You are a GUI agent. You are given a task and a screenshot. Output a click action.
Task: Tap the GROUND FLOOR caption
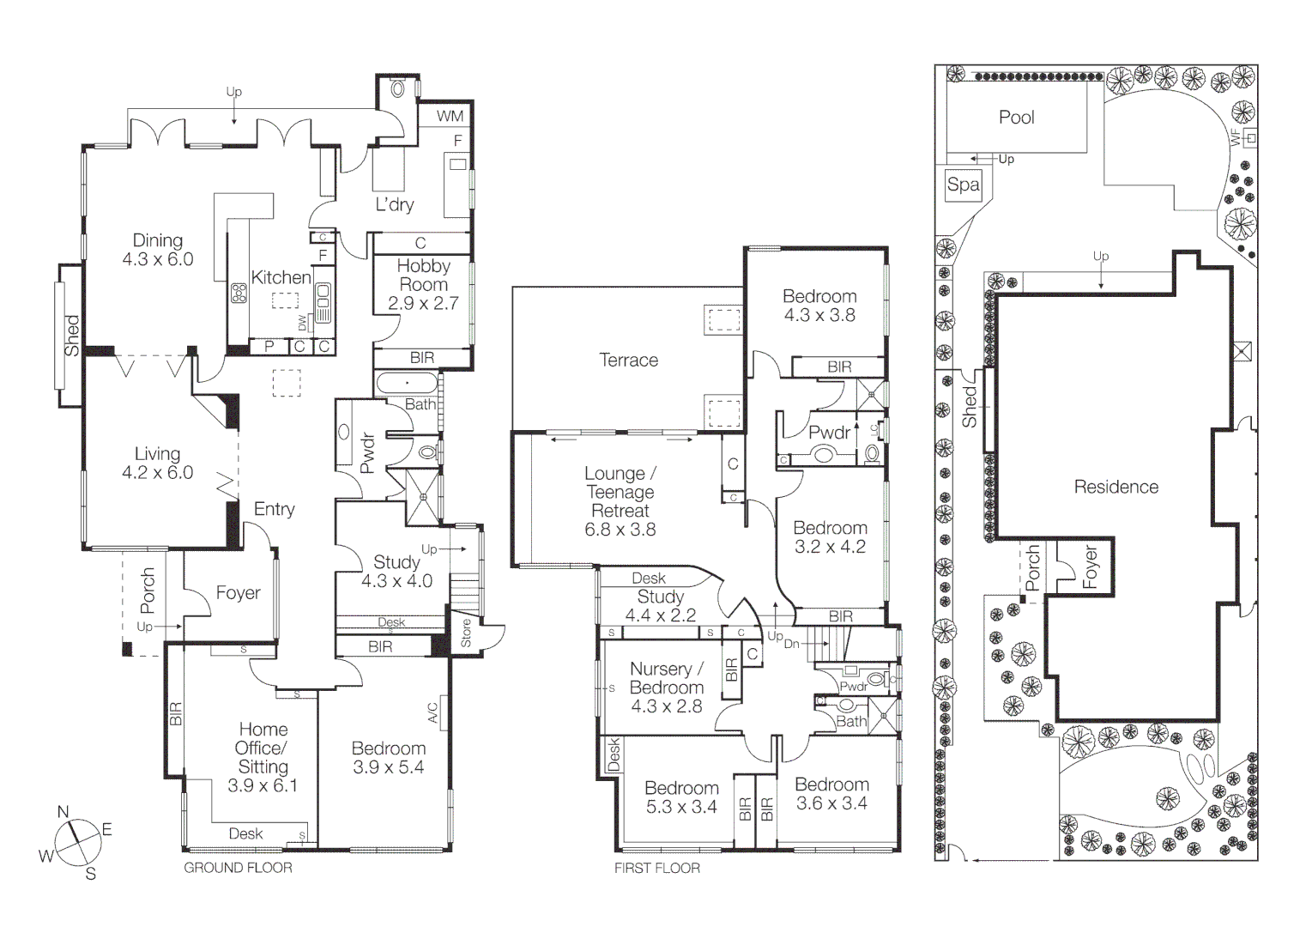point(238,868)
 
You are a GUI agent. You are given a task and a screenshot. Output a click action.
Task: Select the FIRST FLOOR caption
point(656,869)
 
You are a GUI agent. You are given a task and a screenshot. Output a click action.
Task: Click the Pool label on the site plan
point(1016,118)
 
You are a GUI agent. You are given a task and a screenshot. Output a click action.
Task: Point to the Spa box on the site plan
point(963,185)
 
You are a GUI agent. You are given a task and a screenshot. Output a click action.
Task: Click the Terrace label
point(628,360)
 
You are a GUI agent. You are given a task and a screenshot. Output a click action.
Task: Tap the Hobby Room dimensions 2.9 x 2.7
point(423,303)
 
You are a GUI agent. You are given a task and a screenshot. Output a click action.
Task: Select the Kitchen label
point(281,277)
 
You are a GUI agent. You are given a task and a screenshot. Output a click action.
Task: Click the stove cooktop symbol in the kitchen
point(239,294)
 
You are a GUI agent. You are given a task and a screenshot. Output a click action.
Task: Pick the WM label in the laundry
point(450,116)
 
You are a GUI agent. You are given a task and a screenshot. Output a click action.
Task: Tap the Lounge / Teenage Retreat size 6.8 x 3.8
point(620,530)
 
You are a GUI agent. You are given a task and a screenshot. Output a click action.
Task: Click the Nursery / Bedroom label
point(666,678)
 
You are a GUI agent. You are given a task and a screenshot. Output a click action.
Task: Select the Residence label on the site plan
point(1116,487)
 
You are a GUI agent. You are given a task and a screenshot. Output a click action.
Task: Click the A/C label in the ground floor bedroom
point(433,713)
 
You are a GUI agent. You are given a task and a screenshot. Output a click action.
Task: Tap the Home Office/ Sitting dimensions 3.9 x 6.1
point(263,785)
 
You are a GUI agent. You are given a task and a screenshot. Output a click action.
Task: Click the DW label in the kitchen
point(302,323)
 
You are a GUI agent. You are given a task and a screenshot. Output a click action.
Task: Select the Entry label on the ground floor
point(274,509)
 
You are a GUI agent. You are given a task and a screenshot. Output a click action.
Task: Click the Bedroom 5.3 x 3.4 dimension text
point(681,807)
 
